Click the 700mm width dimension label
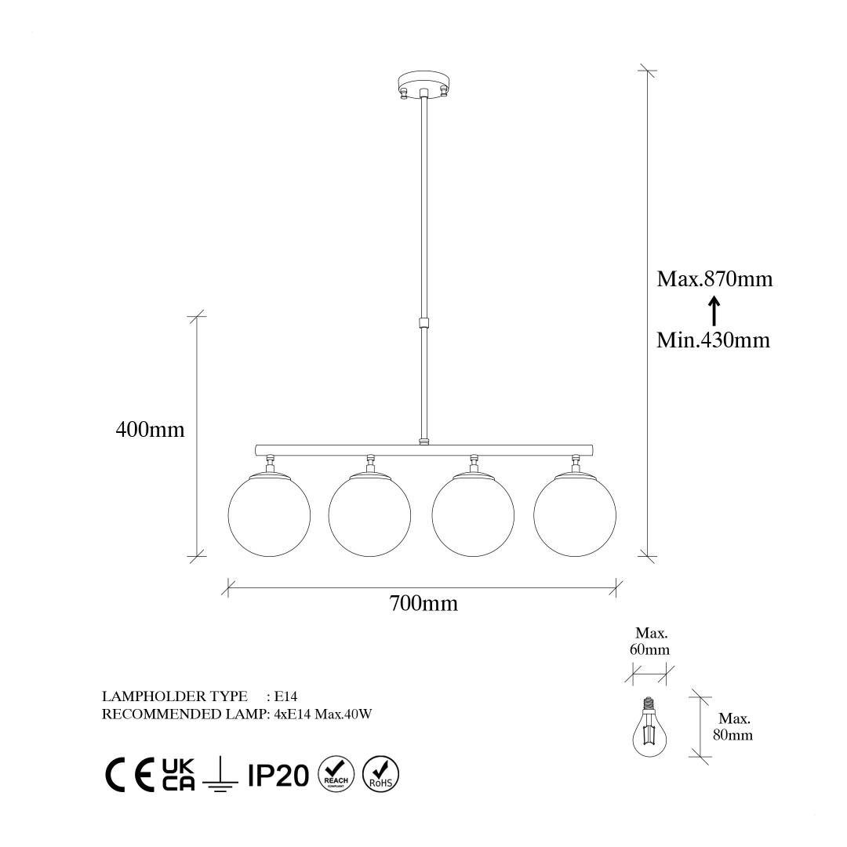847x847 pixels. (x=423, y=603)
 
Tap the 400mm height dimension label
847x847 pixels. (x=150, y=430)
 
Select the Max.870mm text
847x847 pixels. (x=714, y=278)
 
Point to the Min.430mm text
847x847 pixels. (x=713, y=340)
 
